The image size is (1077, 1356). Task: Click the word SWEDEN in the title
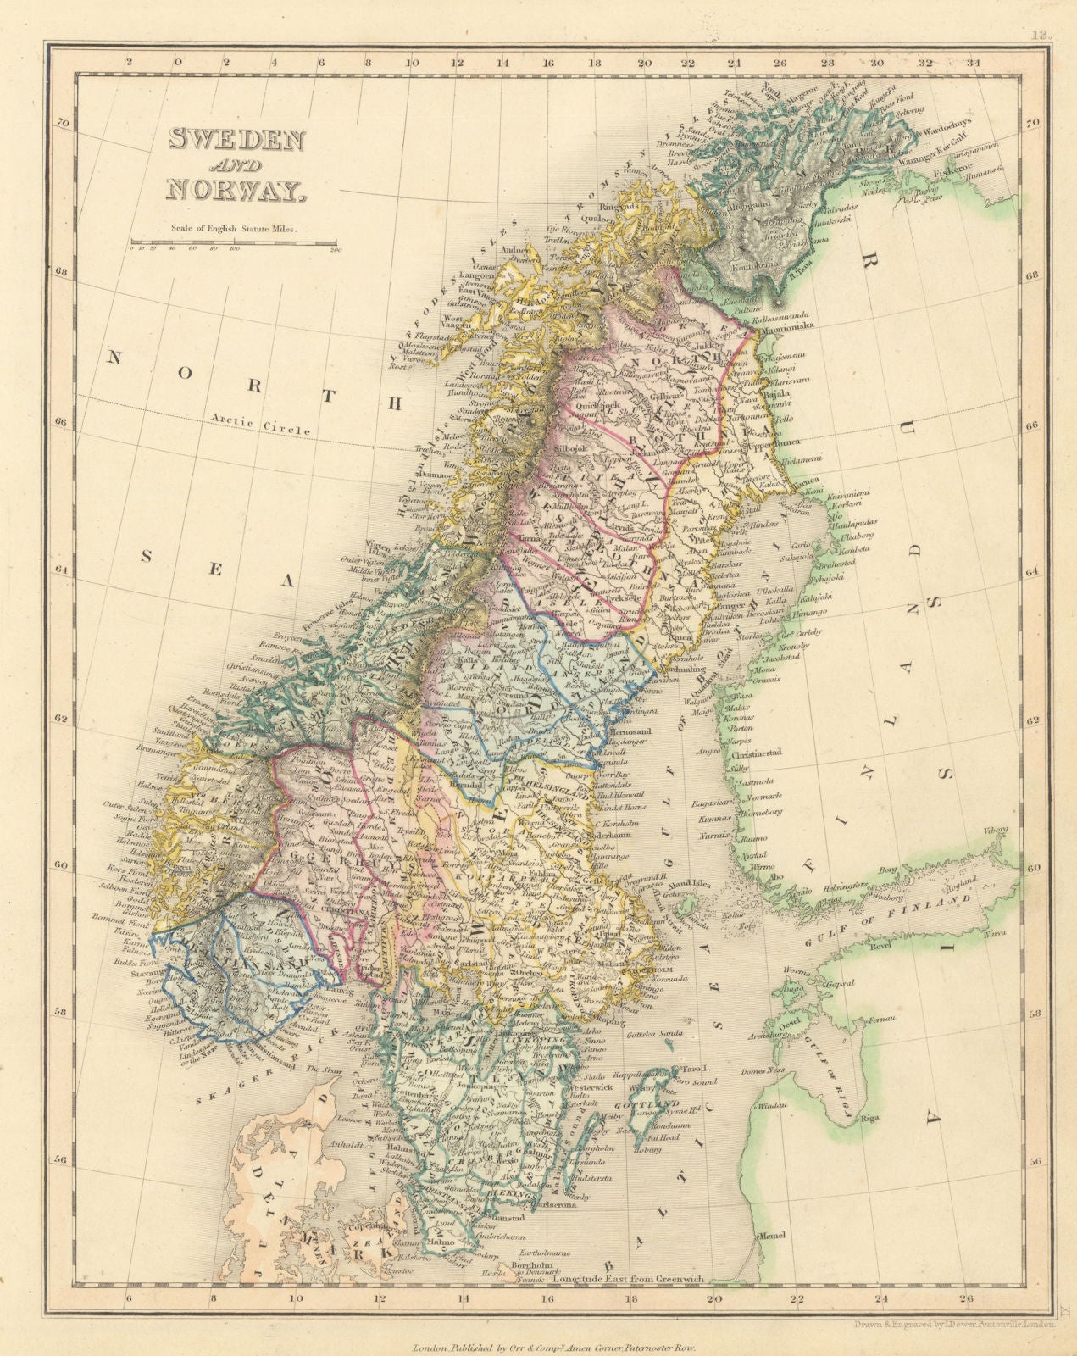point(236,138)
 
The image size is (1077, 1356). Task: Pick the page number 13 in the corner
point(1040,35)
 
